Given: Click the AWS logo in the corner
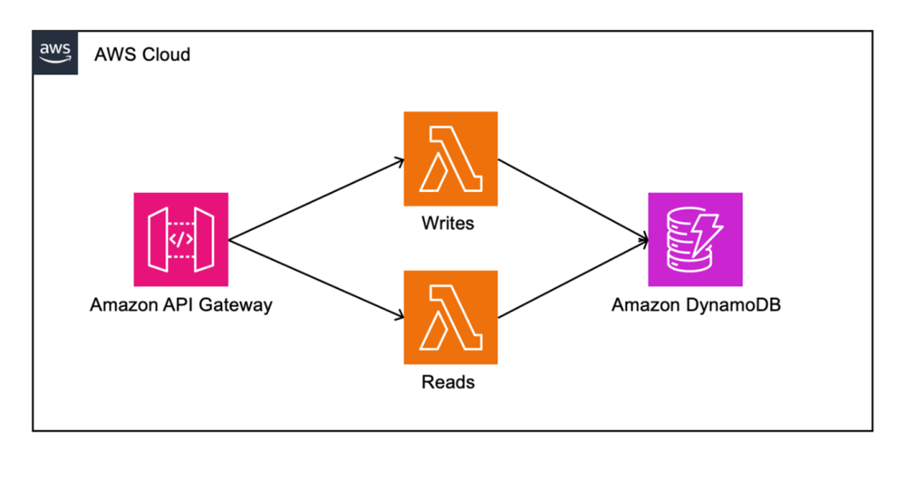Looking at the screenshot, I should pos(55,53).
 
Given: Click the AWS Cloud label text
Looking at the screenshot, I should pos(142,55).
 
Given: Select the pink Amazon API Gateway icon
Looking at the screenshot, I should pos(180,239).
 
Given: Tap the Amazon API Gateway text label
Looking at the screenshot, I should pos(180,305).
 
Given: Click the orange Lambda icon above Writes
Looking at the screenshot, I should pos(450,158).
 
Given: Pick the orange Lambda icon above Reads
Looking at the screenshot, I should pos(450,317).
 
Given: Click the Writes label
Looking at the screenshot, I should pos(448,223).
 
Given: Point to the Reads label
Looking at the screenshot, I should pos(448,382).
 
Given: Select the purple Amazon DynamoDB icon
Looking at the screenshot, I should pos(695,239).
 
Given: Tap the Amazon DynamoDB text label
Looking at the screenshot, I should pos(695,305).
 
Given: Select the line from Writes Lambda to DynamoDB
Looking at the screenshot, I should pos(571,199).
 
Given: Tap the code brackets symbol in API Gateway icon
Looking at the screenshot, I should pos(180,240).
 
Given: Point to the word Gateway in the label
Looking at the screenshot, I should pos(238,305).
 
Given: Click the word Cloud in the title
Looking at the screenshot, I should pos(166,55).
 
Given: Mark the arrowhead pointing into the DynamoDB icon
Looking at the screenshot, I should pos(643,239).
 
